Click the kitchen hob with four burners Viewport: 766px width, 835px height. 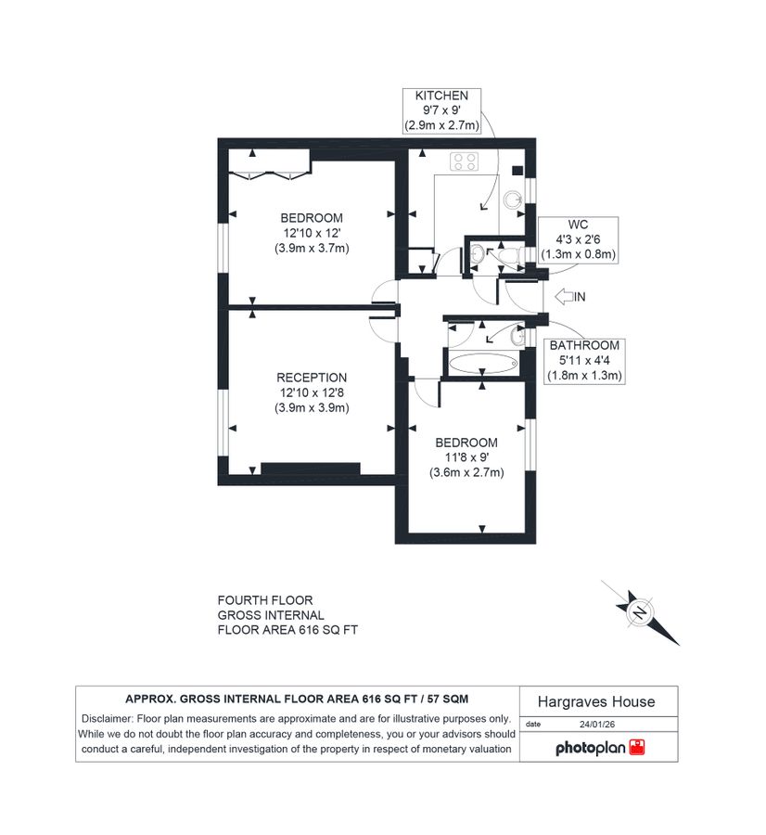[465, 161]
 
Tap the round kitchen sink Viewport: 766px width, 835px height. [513, 199]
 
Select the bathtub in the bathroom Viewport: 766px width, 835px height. [480, 363]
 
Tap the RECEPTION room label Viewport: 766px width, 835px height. [312, 378]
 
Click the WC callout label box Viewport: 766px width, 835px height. [580, 238]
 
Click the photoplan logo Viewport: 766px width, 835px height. [599, 747]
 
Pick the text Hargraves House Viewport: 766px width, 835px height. [597, 702]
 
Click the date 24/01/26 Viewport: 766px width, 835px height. [597, 724]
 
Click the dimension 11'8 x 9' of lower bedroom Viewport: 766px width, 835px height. [466, 457]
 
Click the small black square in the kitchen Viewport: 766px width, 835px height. [517, 170]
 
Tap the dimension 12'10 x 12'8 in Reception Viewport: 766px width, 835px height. [312, 392]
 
